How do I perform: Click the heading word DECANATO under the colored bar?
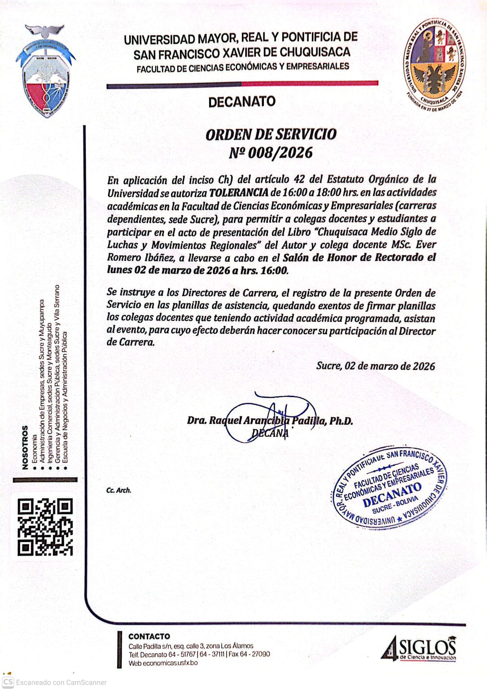(242, 102)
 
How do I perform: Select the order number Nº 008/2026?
(271, 153)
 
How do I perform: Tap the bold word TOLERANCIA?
(238, 193)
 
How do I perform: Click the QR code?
(45, 527)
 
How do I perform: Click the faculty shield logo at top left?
(45, 70)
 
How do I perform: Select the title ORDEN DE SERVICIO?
(271, 134)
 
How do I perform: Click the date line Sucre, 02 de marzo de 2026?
(375, 366)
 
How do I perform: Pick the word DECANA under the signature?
(270, 433)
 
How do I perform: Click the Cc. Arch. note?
(118, 490)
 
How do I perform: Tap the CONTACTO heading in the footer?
(149, 636)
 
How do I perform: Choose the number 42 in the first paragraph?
(299, 179)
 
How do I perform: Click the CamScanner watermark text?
(61, 682)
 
